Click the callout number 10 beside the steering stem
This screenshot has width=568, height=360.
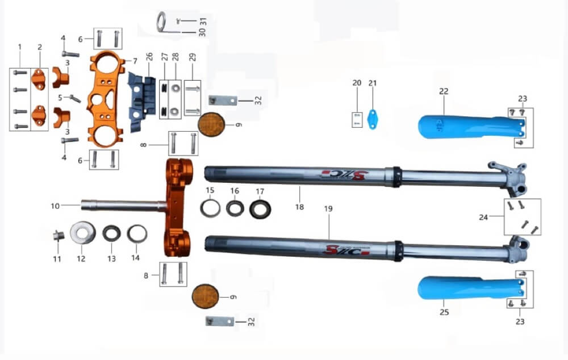[55, 206]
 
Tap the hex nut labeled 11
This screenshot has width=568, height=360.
[58, 236]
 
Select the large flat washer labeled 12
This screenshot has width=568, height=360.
[82, 232]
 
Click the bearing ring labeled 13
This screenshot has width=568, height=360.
[111, 233]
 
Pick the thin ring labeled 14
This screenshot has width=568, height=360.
[137, 234]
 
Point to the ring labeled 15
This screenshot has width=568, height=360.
[211, 208]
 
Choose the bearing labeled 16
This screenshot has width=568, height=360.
[235, 208]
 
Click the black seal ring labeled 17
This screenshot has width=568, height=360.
[260, 209]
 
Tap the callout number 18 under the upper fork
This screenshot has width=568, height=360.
[299, 207]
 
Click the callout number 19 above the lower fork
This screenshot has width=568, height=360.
[328, 208]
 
